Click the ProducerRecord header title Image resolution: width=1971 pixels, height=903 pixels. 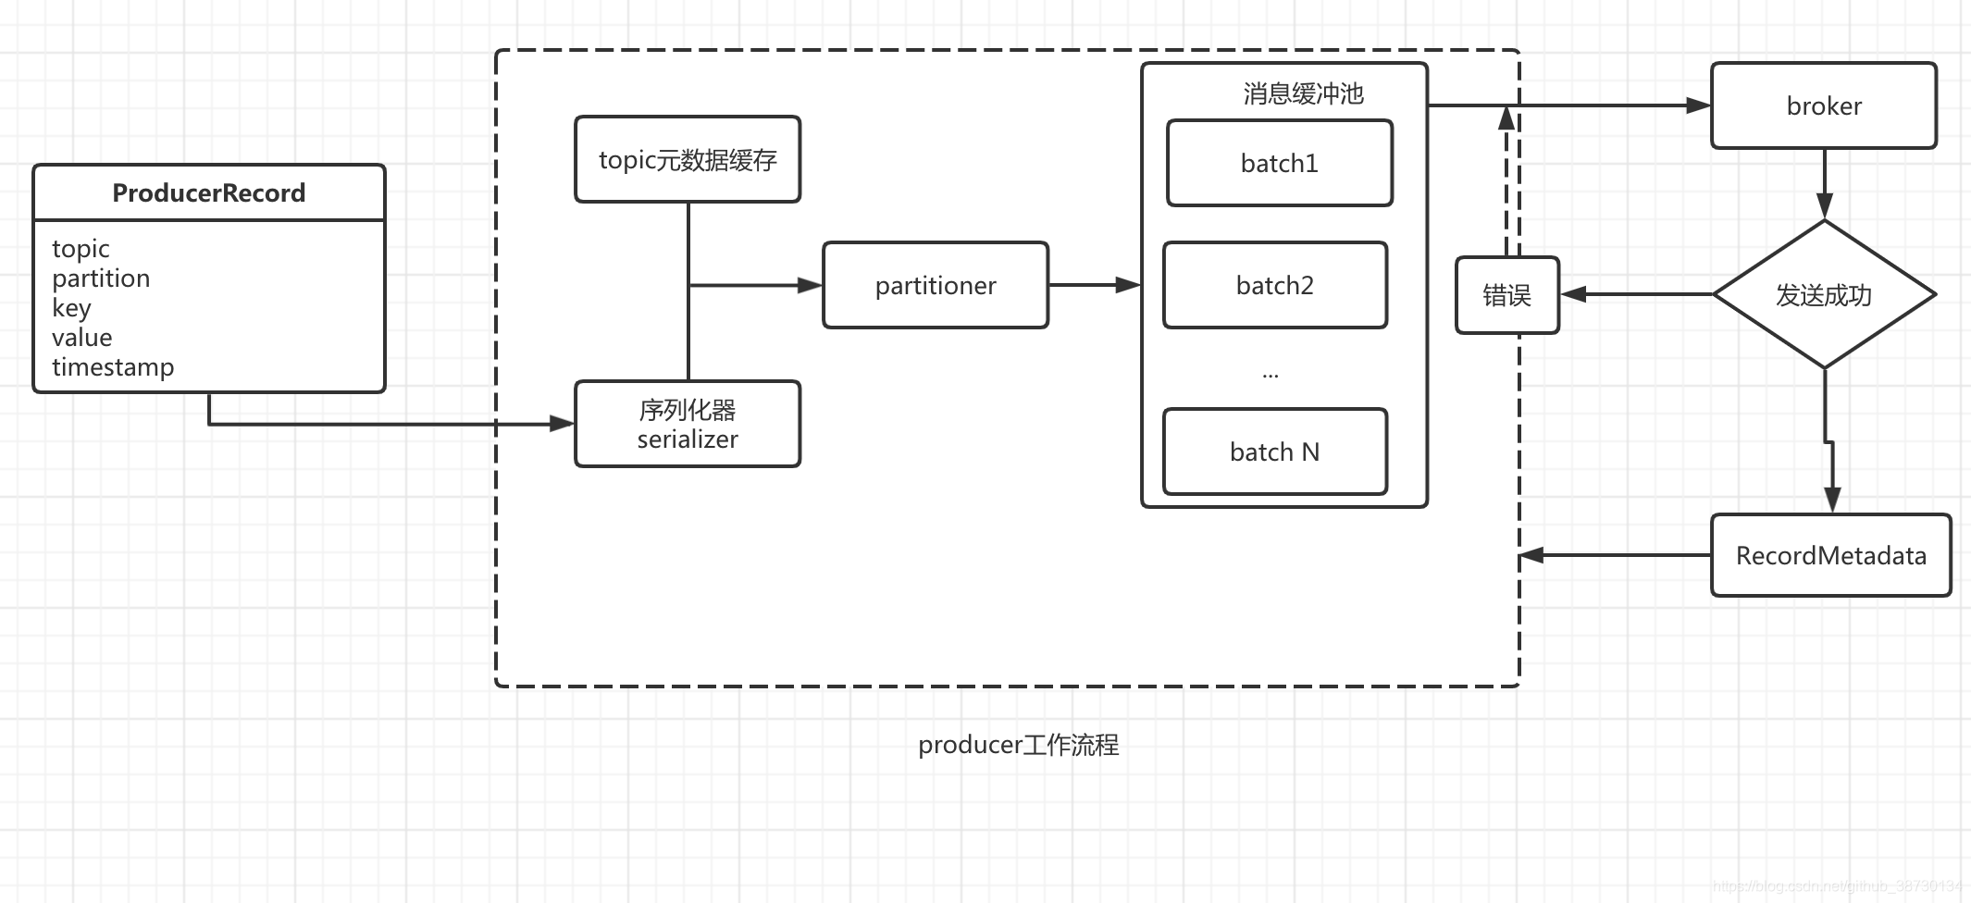click(208, 192)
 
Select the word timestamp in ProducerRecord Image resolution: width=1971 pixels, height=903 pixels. click(113, 367)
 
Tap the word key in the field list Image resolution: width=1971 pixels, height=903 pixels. click(71, 308)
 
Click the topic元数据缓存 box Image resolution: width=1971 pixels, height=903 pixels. click(688, 160)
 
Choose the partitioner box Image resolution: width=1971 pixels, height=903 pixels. click(936, 286)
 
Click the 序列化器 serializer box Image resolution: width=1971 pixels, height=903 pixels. click(688, 425)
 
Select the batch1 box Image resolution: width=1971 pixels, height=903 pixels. click(1279, 164)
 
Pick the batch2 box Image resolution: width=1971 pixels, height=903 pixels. click(1274, 286)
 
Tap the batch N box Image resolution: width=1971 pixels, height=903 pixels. click(1274, 452)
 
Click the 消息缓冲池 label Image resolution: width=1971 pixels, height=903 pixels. click(1303, 93)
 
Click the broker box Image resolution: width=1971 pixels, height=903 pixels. click(1823, 106)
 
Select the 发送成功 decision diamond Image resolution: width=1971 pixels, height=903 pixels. click(1823, 295)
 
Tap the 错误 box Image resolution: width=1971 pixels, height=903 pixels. click(1506, 296)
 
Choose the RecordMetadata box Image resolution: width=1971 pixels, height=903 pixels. click(1830, 556)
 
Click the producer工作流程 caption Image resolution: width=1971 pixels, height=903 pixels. click(1018, 745)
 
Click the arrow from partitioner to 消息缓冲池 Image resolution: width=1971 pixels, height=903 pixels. click(1095, 285)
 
